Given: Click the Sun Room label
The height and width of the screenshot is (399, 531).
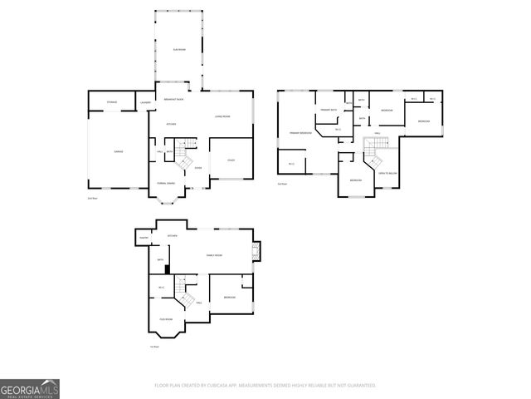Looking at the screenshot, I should tap(178, 50).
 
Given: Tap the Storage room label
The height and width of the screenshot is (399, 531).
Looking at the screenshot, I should tap(112, 102).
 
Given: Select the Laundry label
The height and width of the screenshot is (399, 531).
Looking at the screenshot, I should tap(145, 102).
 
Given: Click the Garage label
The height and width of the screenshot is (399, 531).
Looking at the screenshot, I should tap(119, 150).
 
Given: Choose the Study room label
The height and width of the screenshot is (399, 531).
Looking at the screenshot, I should tap(231, 160).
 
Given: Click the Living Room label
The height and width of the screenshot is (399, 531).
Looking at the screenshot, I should tap(222, 116).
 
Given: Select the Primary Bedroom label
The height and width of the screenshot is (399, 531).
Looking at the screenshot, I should tap(300, 133).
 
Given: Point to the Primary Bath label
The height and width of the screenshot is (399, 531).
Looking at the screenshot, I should tap(329, 110).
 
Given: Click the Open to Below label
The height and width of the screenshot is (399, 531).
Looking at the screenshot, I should tap(387, 172).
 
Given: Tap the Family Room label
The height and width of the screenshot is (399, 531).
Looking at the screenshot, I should tap(214, 255).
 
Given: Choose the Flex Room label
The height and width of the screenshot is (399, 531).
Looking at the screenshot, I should tap(166, 318).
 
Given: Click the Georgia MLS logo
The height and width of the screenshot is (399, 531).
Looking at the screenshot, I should tap(30, 389).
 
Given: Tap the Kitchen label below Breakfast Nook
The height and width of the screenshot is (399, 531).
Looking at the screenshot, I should tap(171, 125).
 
